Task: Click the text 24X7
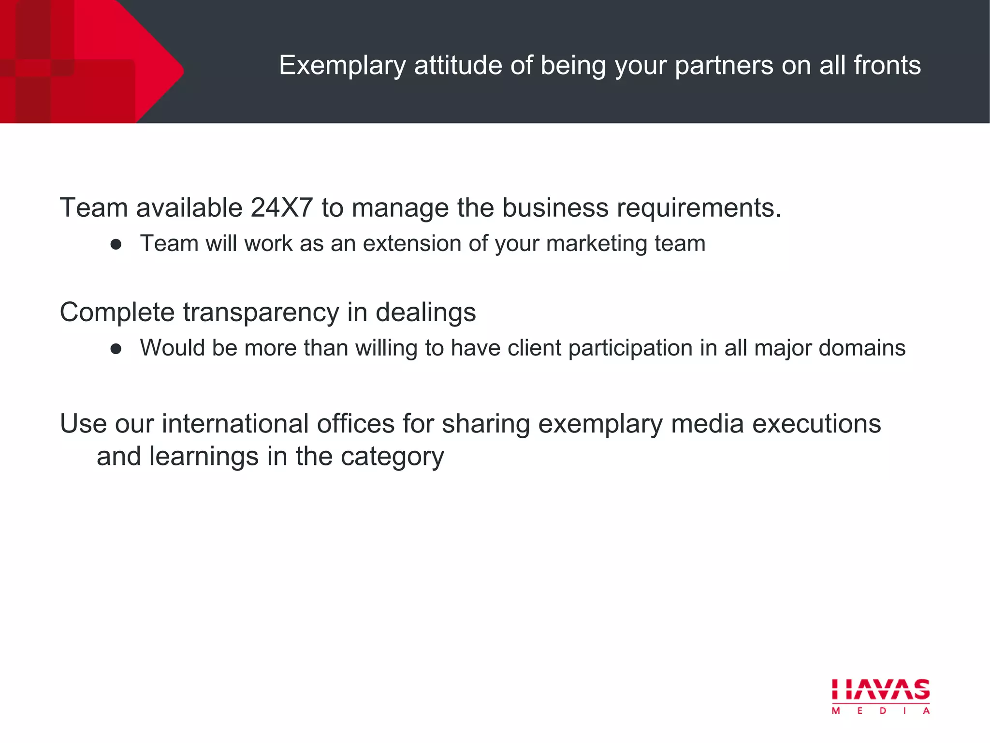(281, 208)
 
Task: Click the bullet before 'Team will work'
(116, 244)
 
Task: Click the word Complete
(117, 312)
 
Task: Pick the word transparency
(261, 312)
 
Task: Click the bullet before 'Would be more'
(116, 349)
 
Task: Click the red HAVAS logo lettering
(881, 689)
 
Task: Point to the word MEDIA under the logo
(881, 711)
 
